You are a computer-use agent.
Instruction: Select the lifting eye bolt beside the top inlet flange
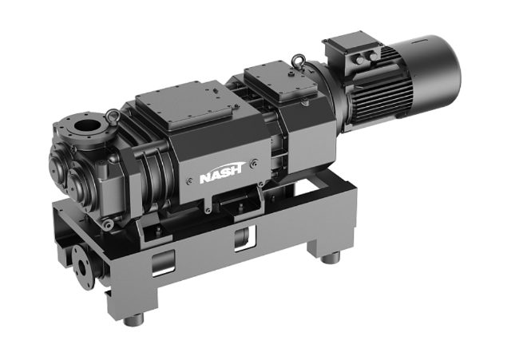(x=113, y=116)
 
